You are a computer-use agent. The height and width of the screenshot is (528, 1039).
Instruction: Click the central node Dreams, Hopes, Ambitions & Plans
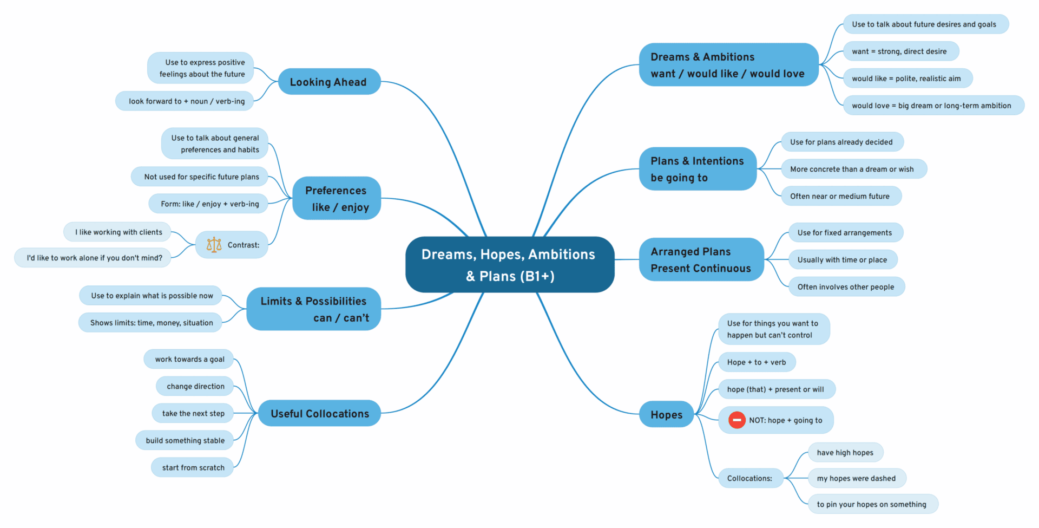[x=509, y=265]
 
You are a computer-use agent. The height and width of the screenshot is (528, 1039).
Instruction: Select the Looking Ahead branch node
[x=329, y=82]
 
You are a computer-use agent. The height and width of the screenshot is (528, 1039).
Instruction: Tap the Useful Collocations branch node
[x=319, y=413]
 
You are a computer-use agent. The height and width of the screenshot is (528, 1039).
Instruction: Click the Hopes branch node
[x=666, y=414]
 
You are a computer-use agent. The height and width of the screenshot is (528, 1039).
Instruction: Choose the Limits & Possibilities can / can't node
[x=314, y=309]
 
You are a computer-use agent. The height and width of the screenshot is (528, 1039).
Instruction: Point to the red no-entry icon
[x=736, y=420]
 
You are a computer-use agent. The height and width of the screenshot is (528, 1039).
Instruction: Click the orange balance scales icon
[x=214, y=245]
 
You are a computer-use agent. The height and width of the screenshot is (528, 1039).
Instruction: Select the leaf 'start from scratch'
[x=193, y=467]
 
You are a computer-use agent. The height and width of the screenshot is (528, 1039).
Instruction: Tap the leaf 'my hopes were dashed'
[x=856, y=478]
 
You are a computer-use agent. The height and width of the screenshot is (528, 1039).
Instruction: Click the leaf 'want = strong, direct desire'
[x=899, y=51]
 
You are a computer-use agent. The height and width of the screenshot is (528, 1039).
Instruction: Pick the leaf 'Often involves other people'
[x=845, y=286]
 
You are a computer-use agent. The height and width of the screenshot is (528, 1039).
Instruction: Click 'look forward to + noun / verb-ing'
[x=186, y=101]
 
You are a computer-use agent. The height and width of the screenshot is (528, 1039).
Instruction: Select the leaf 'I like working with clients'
[x=119, y=232]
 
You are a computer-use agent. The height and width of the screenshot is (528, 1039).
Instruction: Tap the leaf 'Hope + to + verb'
[x=756, y=362]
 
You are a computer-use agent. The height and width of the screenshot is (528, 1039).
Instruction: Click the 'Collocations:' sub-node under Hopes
[x=749, y=478]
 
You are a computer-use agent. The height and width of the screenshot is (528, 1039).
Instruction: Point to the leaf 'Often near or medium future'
[x=840, y=196]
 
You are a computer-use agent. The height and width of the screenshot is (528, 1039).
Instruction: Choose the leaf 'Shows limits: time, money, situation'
[x=151, y=323]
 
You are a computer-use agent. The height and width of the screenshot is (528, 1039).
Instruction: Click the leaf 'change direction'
[x=195, y=386]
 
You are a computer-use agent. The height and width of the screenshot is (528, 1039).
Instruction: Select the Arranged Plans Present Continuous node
[x=701, y=259]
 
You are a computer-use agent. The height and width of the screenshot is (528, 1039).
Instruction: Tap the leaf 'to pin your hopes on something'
[x=871, y=504]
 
